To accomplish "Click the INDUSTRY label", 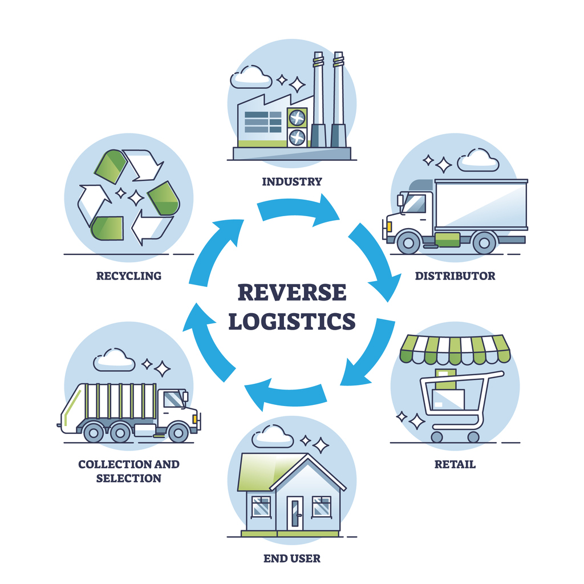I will click(291, 182).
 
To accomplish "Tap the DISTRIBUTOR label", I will click(455, 276).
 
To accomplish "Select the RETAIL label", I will click(455, 464).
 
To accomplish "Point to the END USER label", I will click(291, 558).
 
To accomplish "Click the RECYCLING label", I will click(128, 276).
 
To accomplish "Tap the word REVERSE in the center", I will click(291, 293).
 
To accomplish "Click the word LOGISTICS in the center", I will click(291, 321).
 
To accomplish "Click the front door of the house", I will click(295, 513).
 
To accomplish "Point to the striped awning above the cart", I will click(455, 348).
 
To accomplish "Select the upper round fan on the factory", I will click(297, 118).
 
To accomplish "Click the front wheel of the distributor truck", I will click(408, 242).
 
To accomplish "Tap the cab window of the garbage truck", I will click(173, 399).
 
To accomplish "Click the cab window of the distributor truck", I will click(415, 204).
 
